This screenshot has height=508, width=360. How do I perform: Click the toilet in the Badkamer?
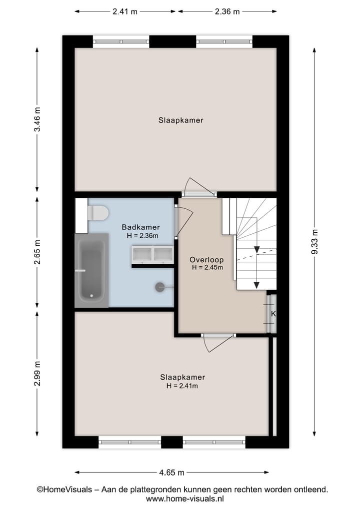98,213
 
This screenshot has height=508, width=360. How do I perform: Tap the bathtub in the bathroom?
91,270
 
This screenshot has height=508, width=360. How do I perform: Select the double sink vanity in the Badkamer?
152,254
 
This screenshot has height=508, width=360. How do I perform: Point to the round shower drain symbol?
160,287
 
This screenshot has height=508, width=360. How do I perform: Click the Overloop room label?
206,260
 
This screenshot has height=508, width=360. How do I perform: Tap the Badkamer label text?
141,227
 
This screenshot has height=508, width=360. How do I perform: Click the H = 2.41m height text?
182,386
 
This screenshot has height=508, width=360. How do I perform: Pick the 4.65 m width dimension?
171,472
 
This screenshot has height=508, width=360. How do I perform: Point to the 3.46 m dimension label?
37,120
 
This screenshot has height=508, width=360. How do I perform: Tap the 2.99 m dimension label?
37,373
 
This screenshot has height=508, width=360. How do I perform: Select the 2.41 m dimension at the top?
125,11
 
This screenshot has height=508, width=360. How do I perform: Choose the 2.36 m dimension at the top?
227,11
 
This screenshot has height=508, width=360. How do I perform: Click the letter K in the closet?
273,314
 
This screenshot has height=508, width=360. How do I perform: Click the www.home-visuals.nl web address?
185,499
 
